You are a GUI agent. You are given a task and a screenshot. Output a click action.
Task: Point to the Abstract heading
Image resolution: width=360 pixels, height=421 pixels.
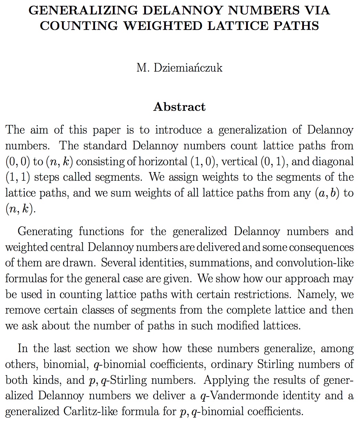click(x=179, y=107)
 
